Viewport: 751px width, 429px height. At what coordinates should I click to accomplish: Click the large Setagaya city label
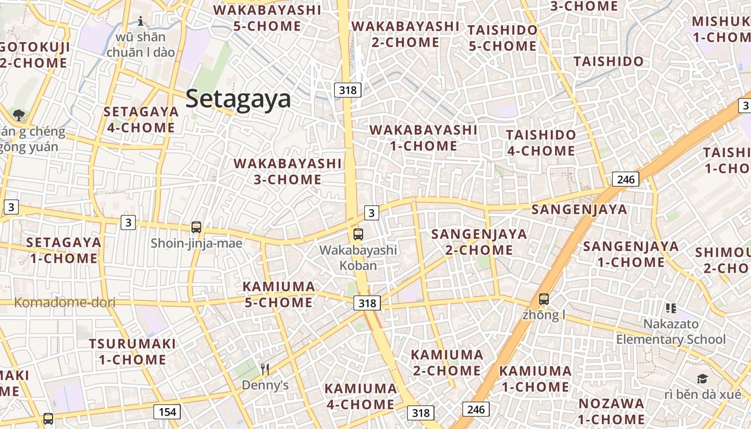238,99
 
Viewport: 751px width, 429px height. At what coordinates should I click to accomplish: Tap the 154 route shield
167,412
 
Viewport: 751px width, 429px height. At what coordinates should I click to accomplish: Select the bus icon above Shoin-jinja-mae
196,227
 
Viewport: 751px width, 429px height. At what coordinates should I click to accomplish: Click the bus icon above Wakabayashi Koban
358,234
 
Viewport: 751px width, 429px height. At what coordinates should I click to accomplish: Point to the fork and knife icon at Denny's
264,369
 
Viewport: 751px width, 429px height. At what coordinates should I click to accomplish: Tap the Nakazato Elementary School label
671,331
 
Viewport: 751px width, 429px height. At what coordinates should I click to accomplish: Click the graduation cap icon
702,379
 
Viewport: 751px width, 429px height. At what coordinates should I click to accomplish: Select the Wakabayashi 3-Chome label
288,171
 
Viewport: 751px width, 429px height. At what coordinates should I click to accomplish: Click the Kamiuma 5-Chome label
279,294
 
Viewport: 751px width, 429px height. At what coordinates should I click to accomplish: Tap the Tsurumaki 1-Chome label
132,351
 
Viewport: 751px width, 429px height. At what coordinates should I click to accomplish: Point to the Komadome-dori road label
64,302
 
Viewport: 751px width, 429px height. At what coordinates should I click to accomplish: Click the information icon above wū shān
141,21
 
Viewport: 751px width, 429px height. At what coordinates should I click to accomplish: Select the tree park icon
19,114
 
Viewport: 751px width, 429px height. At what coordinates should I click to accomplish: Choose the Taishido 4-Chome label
541,143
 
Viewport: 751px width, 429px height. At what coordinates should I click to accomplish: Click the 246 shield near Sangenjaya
625,179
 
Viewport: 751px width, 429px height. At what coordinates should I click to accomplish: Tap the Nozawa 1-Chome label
612,411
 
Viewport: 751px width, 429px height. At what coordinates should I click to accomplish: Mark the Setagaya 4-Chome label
141,120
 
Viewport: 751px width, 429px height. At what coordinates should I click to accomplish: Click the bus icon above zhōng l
544,299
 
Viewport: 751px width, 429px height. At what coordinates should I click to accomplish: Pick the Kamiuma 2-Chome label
447,363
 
